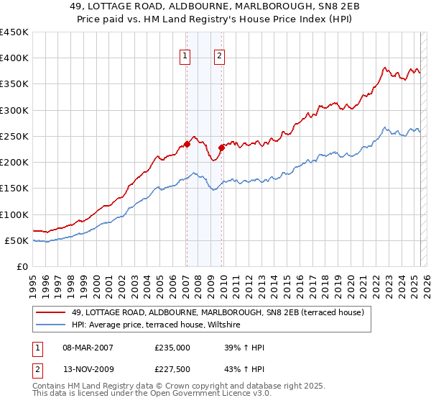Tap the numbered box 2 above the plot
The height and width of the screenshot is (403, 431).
tap(219, 56)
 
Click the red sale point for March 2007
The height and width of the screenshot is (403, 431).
tap(186, 144)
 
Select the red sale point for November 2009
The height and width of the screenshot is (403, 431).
tap(221, 148)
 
